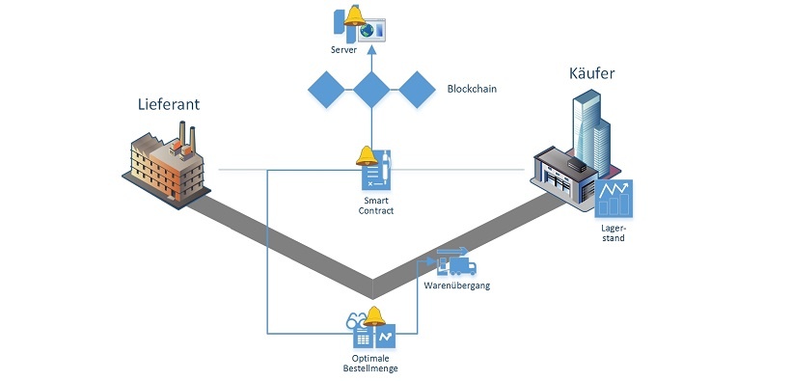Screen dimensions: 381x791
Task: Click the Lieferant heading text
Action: pyautogui.click(x=168, y=105)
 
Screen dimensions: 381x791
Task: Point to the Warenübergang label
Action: pyautogui.click(x=458, y=285)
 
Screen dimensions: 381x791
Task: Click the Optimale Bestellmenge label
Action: pyautogui.click(x=371, y=363)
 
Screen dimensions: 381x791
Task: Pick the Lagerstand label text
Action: pyautogui.click(x=612, y=231)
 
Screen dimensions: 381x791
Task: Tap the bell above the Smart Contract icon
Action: pyautogui.click(x=366, y=155)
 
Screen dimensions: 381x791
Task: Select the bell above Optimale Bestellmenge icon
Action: pyautogui.click(x=373, y=315)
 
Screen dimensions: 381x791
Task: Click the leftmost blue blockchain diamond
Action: pyautogui.click(x=326, y=90)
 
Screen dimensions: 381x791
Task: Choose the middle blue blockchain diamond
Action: pyautogui.click(x=372, y=90)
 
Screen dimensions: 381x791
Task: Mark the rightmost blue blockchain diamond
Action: pyautogui.click(x=419, y=90)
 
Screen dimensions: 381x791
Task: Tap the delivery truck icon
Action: pyautogui.click(x=454, y=261)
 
